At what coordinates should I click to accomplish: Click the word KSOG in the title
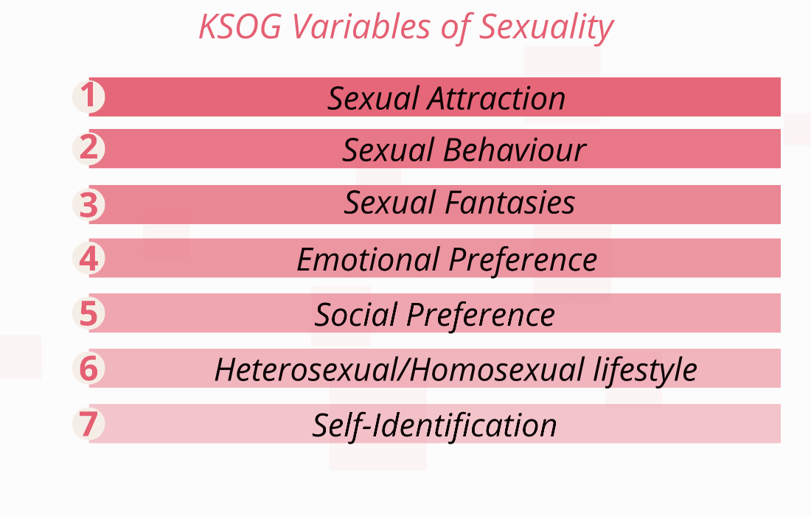coord(240,27)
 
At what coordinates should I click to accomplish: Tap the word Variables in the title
coord(361,27)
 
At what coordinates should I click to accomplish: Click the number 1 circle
coord(88,96)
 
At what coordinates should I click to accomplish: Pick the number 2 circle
coord(88,148)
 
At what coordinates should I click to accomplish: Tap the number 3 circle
coord(88,204)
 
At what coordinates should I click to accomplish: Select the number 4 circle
coord(88,258)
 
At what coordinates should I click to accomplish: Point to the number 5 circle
coord(88,313)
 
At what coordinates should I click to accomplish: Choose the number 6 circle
coord(88,368)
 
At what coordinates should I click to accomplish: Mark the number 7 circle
coord(88,423)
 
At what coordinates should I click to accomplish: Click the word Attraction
coord(496,98)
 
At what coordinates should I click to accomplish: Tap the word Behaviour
coord(515,150)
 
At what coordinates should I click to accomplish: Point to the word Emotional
coord(368,259)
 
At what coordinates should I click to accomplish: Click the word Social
coord(356,315)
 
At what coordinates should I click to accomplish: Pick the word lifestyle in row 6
coord(645,371)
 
